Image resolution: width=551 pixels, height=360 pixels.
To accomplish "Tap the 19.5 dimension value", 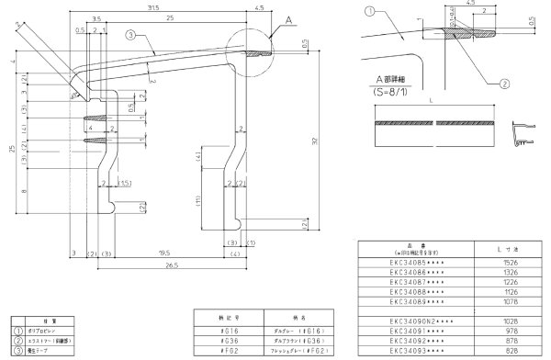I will pyautogui.click(x=163, y=252).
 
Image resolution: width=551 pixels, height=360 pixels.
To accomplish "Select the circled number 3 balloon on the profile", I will pyautogui.click(x=131, y=34).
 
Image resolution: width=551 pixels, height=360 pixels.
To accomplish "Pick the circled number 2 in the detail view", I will pyautogui.click(x=504, y=83).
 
